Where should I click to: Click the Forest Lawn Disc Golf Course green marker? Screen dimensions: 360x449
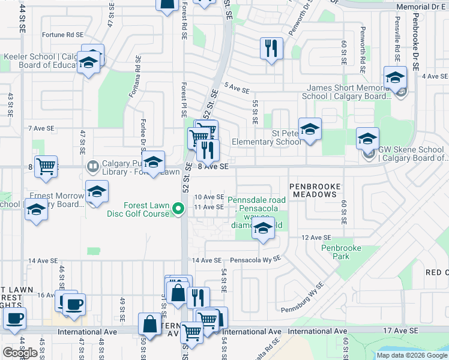pos(178,209)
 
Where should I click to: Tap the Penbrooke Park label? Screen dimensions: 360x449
pos(335,252)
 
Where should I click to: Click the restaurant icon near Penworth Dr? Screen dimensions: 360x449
pos(271,47)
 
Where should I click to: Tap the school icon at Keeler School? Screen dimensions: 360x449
pos(89,62)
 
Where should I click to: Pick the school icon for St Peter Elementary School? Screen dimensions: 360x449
pos(310,129)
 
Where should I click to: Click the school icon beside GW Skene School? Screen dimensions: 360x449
pos(367,139)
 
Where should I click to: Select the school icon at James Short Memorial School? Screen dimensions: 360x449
pos(395,78)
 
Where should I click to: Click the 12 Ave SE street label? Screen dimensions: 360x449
pos(316,238)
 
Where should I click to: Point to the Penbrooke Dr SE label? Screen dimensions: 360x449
pos(415,36)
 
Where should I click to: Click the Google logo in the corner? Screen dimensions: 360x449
pos(20,353)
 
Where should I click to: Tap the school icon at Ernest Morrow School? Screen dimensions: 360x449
pos(96,191)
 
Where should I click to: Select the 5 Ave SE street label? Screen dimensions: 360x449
pos(236,89)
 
